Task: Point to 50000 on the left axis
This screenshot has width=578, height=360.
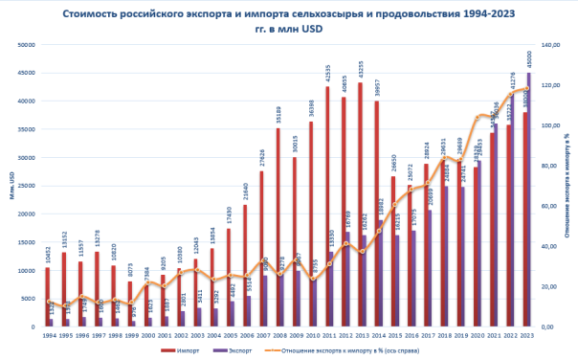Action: click(26, 45)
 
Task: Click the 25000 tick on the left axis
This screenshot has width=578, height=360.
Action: click(26, 186)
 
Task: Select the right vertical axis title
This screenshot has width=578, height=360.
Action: click(567, 187)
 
